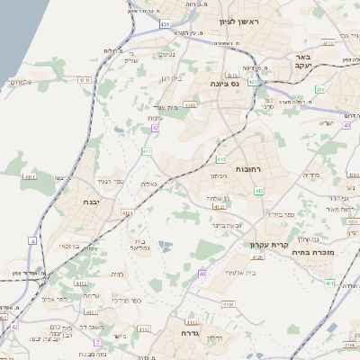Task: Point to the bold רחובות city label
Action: tap(247, 169)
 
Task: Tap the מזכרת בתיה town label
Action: tap(312, 253)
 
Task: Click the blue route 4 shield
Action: tap(32, 241)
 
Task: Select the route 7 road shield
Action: tap(97, 343)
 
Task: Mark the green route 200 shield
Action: tap(319, 89)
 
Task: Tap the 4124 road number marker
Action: tap(128, 213)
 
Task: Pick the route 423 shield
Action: tap(253, 82)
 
